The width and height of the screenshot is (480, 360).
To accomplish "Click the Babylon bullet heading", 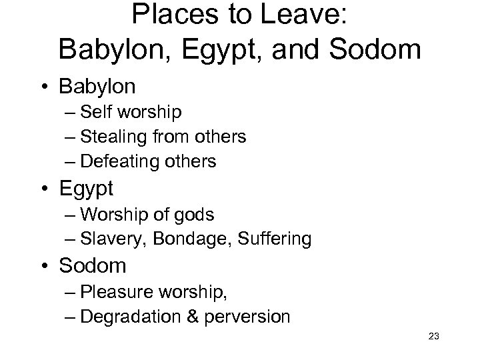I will click(97, 87).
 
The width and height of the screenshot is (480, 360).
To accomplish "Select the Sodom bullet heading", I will click(92, 266).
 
